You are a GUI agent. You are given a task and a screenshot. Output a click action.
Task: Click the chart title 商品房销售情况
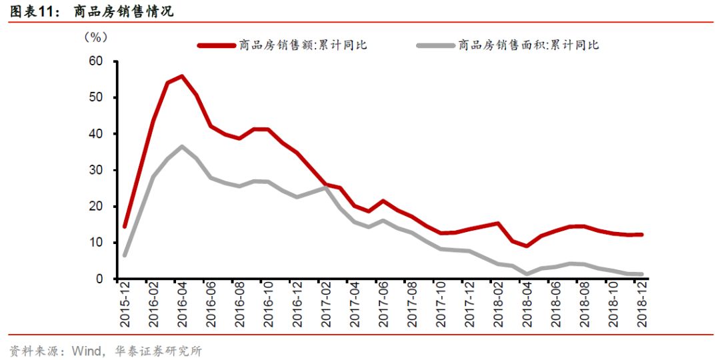pyautogui.click(x=123, y=11)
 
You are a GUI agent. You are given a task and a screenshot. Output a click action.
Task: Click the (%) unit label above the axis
pyautogui.click(x=95, y=37)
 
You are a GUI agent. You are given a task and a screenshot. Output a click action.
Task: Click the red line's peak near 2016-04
pyautogui.click(x=182, y=76)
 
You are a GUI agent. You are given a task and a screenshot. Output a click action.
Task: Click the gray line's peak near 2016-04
pyautogui.click(x=182, y=147)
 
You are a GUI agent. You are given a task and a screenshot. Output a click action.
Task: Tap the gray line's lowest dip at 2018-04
pyautogui.click(x=527, y=273)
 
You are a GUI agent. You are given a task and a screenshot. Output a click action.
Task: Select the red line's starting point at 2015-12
pyautogui.click(x=125, y=227)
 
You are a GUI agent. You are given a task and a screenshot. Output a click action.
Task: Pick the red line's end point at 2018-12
pyautogui.click(x=641, y=235)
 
